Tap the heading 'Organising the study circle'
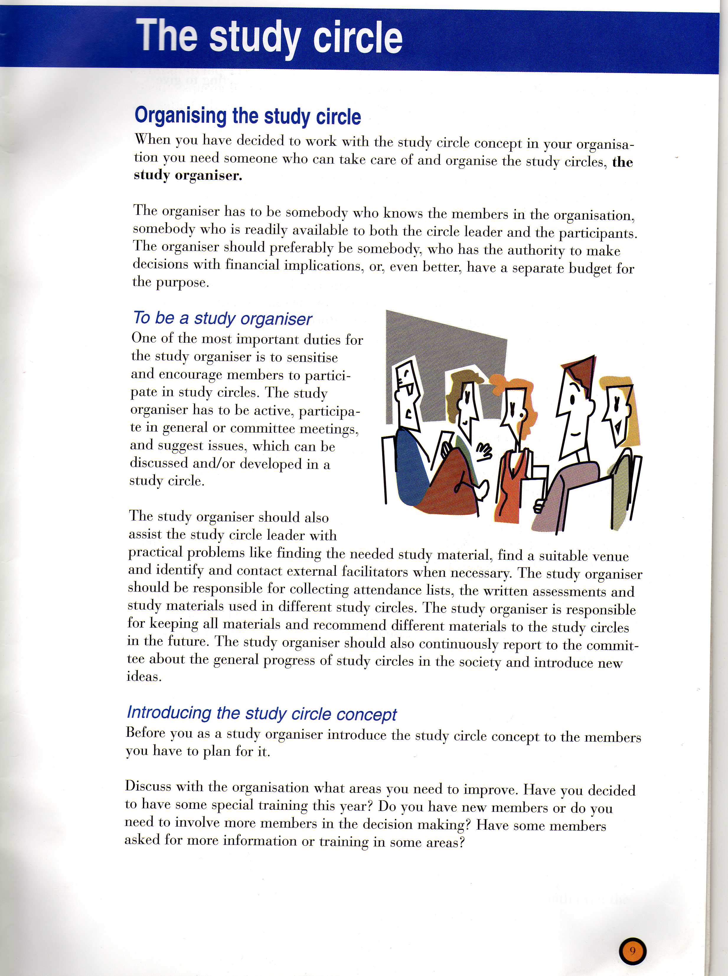248,116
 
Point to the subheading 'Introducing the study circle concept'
262,713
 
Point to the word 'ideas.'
144,676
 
